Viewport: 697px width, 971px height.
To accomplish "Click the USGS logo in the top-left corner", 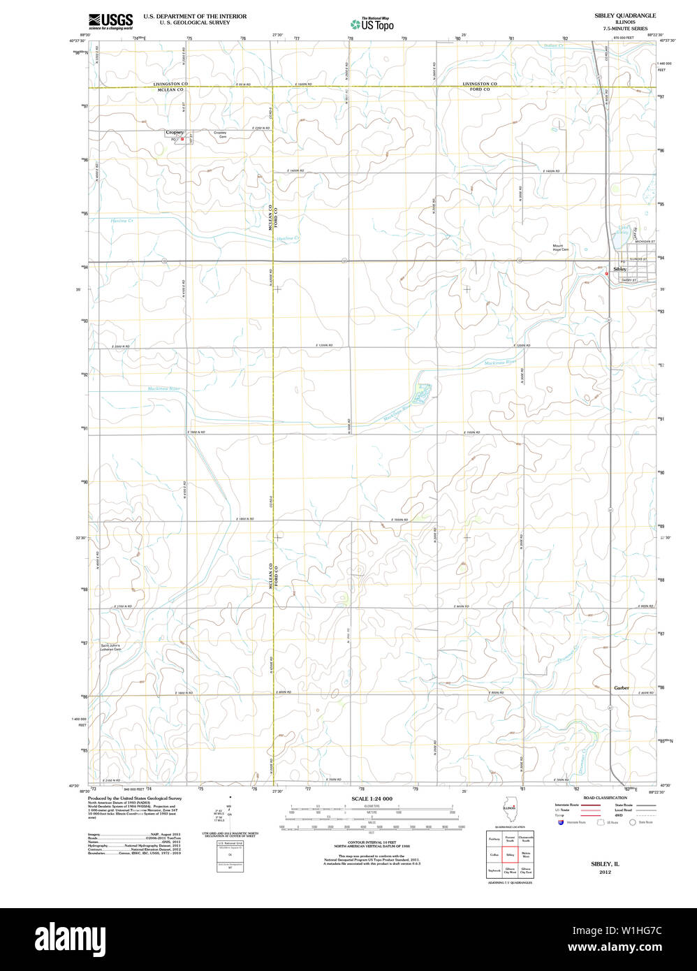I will [110, 21].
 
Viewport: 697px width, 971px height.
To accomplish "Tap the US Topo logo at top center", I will [372, 24].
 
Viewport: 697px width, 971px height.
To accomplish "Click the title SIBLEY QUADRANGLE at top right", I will [624, 15].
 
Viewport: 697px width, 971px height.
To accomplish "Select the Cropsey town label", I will [175, 132].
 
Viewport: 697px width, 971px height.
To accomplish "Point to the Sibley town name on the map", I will [619, 269].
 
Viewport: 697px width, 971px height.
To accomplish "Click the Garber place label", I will [621, 687].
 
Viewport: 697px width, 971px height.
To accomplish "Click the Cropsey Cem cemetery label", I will [220, 133].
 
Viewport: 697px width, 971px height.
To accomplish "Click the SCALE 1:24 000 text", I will [372, 798].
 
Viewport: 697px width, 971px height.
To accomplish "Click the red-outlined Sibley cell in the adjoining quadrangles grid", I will [510, 854].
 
